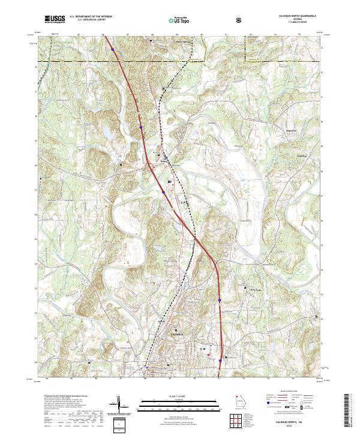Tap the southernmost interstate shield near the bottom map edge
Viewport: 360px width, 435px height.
[x=220, y=361]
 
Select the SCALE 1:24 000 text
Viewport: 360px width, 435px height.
[x=172, y=395]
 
